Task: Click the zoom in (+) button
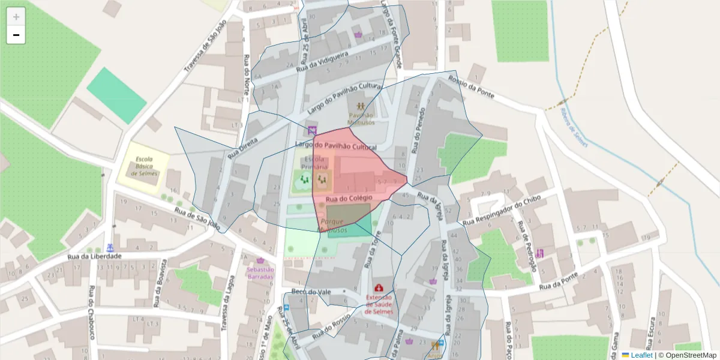16,16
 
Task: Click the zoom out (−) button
16,35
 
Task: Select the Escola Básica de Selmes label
143,166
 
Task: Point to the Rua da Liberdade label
95,256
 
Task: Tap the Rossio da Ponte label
472,87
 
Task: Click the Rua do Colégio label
349,198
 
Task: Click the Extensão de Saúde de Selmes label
379,304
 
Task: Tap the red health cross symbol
379,288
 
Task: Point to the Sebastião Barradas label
260,273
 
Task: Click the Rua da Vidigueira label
323,62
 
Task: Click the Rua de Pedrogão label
526,246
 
